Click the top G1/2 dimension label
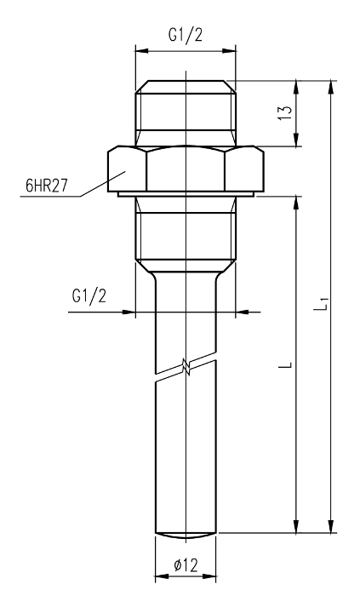click(x=186, y=36)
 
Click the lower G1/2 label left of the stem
click(x=89, y=296)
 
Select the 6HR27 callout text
click(x=47, y=186)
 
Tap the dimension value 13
click(x=287, y=113)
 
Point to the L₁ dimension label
click(x=322, y=304)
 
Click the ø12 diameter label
click(x=186, y=565)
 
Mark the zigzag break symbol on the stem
click(x=186, y=367)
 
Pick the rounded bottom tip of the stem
click(x=186, y=536)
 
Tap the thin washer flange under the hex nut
click(x=186, y=194)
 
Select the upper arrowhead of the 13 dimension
click(x=297, y=87)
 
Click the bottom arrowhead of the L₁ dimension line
click(x=331, y=526)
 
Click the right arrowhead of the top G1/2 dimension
click(x=229, y=51)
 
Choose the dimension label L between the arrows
click(x=288, y=364)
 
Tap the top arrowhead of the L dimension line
click(x=297, y=202)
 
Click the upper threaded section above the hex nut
click(x=186, y=113)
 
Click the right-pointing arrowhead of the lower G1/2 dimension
click(x=129, y=312)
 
